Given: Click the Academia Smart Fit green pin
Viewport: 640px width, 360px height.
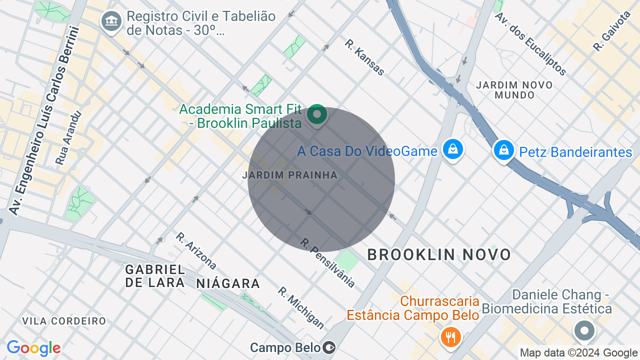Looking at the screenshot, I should [316, 114].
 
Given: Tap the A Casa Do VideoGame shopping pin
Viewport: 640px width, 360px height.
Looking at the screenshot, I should [453, 149].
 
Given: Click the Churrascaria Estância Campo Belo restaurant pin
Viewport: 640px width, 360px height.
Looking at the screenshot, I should [450, 336].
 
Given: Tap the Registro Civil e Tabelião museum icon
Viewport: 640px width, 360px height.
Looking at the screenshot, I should [111, 21].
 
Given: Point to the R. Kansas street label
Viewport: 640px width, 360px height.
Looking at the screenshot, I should [364, 57].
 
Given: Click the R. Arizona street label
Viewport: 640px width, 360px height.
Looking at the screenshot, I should [196, 250].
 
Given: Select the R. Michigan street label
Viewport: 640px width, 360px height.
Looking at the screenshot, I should [301, 307].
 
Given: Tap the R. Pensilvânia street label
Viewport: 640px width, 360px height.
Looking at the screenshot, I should [327, 263].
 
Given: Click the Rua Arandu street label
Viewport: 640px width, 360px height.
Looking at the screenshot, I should [68, 138].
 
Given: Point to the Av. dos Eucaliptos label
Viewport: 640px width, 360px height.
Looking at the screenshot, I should [530, 44].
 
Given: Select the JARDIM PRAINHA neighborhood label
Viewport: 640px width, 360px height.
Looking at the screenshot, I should [289, 175].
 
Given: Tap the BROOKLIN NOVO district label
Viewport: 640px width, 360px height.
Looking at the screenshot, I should [439, 254].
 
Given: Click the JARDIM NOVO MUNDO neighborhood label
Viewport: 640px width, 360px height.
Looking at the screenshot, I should [514, 89].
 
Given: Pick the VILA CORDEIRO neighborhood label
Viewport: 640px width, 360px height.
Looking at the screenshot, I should [64, 321].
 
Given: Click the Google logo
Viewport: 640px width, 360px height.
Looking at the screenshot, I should [33, 348].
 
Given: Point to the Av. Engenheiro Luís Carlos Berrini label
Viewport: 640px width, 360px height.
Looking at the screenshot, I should [44, 120].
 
